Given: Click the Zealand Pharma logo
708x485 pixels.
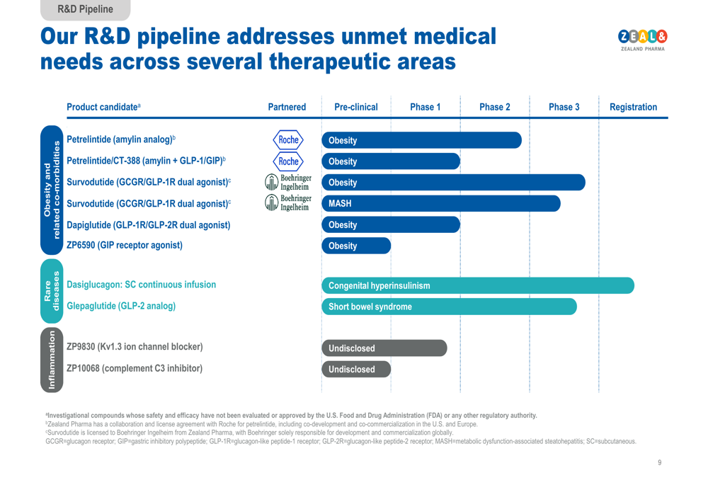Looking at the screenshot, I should click(643, 40).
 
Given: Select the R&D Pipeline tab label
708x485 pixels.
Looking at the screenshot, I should click(85, 9).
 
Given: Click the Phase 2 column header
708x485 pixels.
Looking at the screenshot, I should click(494, 108).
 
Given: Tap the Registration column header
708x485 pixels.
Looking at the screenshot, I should click(633, 108).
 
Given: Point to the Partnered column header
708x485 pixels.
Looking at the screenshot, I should click(287, 108).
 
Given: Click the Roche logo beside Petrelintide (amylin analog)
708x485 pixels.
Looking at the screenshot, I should click(288, 139).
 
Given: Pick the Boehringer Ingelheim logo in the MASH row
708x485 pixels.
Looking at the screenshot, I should click(287, 203).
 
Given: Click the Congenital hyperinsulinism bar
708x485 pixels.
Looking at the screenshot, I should click(478, 286).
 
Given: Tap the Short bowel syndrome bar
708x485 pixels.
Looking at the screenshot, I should click(449, 307).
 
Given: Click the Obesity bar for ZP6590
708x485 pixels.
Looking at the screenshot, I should click(356, 246).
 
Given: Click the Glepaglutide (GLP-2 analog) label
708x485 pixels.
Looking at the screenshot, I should click(121, 306).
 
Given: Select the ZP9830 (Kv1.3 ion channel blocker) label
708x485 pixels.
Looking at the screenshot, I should click(135, 347).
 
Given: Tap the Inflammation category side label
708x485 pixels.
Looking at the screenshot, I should click(52, 359).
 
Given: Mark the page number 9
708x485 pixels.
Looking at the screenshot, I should click(659, 462).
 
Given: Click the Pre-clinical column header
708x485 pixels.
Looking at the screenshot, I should click(355, 108).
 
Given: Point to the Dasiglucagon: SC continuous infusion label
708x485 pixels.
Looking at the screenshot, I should click(141, 285).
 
